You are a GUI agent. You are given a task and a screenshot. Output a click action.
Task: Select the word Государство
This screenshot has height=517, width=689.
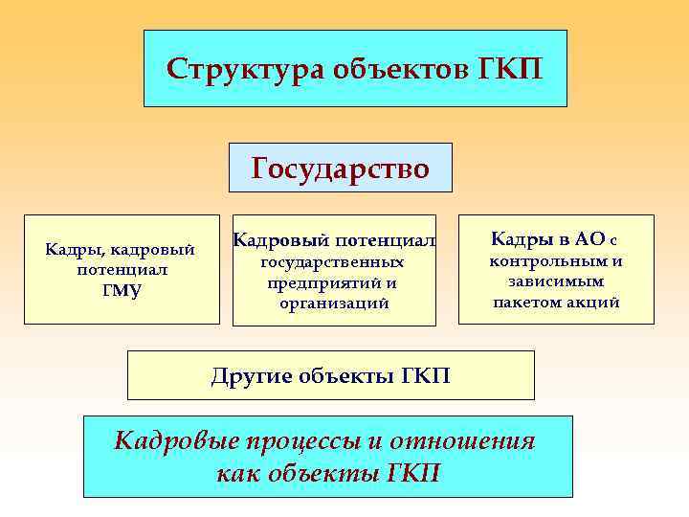(340, 169)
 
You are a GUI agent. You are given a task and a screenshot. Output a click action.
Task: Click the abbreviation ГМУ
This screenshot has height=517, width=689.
(121, 291)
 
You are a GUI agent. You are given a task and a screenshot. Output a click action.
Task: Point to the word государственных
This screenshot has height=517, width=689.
(333, 262)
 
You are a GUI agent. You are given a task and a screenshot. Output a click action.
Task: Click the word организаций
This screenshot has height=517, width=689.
(335, 303)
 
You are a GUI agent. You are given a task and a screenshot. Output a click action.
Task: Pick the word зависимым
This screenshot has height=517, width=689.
(555, 281)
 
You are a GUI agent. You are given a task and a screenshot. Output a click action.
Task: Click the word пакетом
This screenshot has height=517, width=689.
(531, 303)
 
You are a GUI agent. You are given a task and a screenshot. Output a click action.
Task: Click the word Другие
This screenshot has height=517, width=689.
(251, 374)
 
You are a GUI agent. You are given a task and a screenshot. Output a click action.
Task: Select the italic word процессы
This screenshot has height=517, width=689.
(307, 441)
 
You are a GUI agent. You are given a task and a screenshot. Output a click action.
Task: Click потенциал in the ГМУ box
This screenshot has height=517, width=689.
(122, 270)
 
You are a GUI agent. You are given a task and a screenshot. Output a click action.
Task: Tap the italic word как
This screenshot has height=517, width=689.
(237, 472)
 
